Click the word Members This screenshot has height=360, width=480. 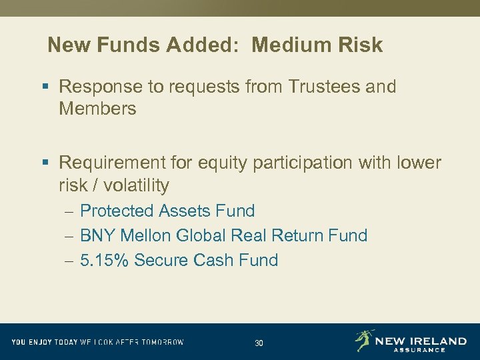click(97, 109)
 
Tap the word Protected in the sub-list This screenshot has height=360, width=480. click(117, 211)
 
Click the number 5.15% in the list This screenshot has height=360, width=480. click(104, 260)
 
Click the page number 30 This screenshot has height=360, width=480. click(259, 343)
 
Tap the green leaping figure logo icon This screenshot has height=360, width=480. click(364, 340)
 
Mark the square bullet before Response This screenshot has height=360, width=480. click(45, 87)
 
